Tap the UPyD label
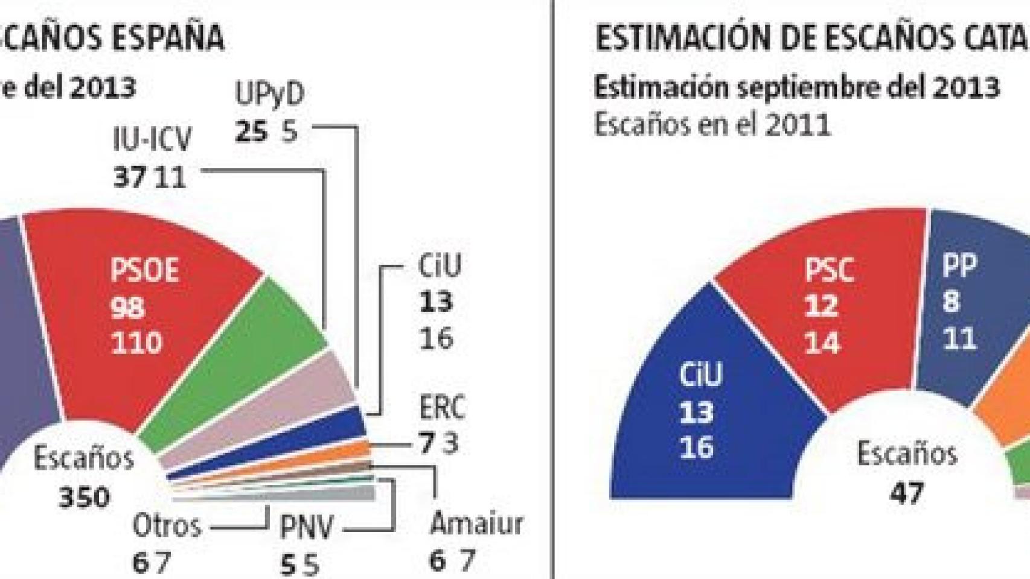point(269,95)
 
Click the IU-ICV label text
point(152,140)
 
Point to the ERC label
point(442,408)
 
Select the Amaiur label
point(476,524)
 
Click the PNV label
point(306,528)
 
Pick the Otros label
point(167,526)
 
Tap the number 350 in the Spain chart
point(85,498)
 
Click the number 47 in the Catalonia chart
point(907,493)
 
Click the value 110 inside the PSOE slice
point(136,343)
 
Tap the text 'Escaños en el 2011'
point(712,125)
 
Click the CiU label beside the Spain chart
point(440,265)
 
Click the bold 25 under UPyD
point(251,131)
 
